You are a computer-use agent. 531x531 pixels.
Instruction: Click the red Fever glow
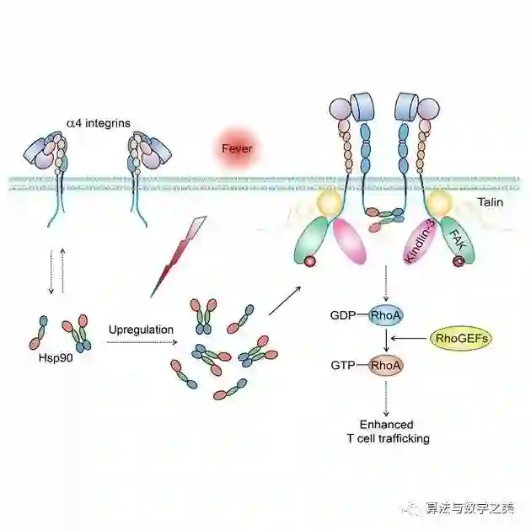tap(237, 148)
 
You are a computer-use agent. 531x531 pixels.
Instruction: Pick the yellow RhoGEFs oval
tap(462, 339)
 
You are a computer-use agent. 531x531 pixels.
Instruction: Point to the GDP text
tap(344, 316)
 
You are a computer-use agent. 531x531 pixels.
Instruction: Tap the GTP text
tap(344, 366)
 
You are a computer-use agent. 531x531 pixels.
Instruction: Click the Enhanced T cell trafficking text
tap(387, 432)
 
